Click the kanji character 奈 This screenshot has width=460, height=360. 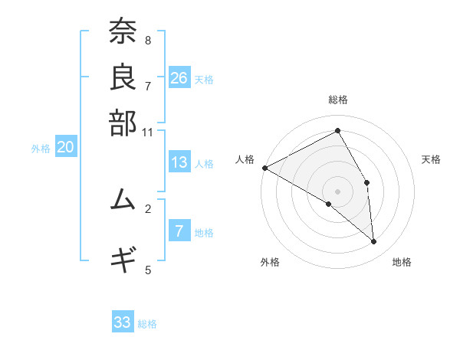(122, 33)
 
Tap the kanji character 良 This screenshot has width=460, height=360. (122, 77)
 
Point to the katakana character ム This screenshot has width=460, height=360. (122, 200)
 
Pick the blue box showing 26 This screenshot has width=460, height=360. (179, 78)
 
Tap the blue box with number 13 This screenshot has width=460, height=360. (179, 162)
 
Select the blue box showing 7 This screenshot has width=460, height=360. (179, 232)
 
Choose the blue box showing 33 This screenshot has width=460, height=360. (123, 322)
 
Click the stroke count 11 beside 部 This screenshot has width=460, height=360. (148, 132)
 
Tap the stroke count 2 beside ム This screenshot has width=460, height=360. (148, 208)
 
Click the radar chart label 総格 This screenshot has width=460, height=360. (338, 100)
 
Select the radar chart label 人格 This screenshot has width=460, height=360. (245, 159)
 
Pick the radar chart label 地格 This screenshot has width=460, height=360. (402, 262)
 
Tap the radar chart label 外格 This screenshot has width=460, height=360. (270, 262)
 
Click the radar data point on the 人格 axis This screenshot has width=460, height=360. (264, 168)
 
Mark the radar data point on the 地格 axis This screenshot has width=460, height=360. (373, 241)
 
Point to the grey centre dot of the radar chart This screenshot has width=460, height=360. (338, 191)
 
